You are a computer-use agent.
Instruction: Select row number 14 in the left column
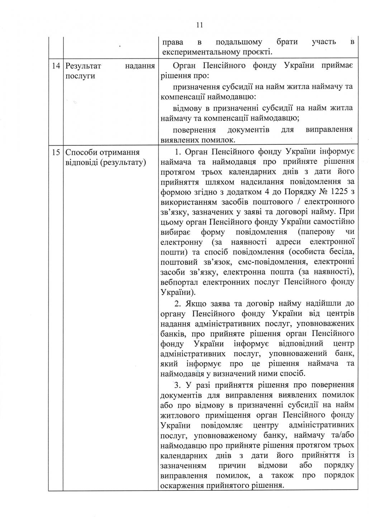pos(56,66)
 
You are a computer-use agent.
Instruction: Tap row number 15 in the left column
pos(56,152)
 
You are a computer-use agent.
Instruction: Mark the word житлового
pos(181,415)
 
